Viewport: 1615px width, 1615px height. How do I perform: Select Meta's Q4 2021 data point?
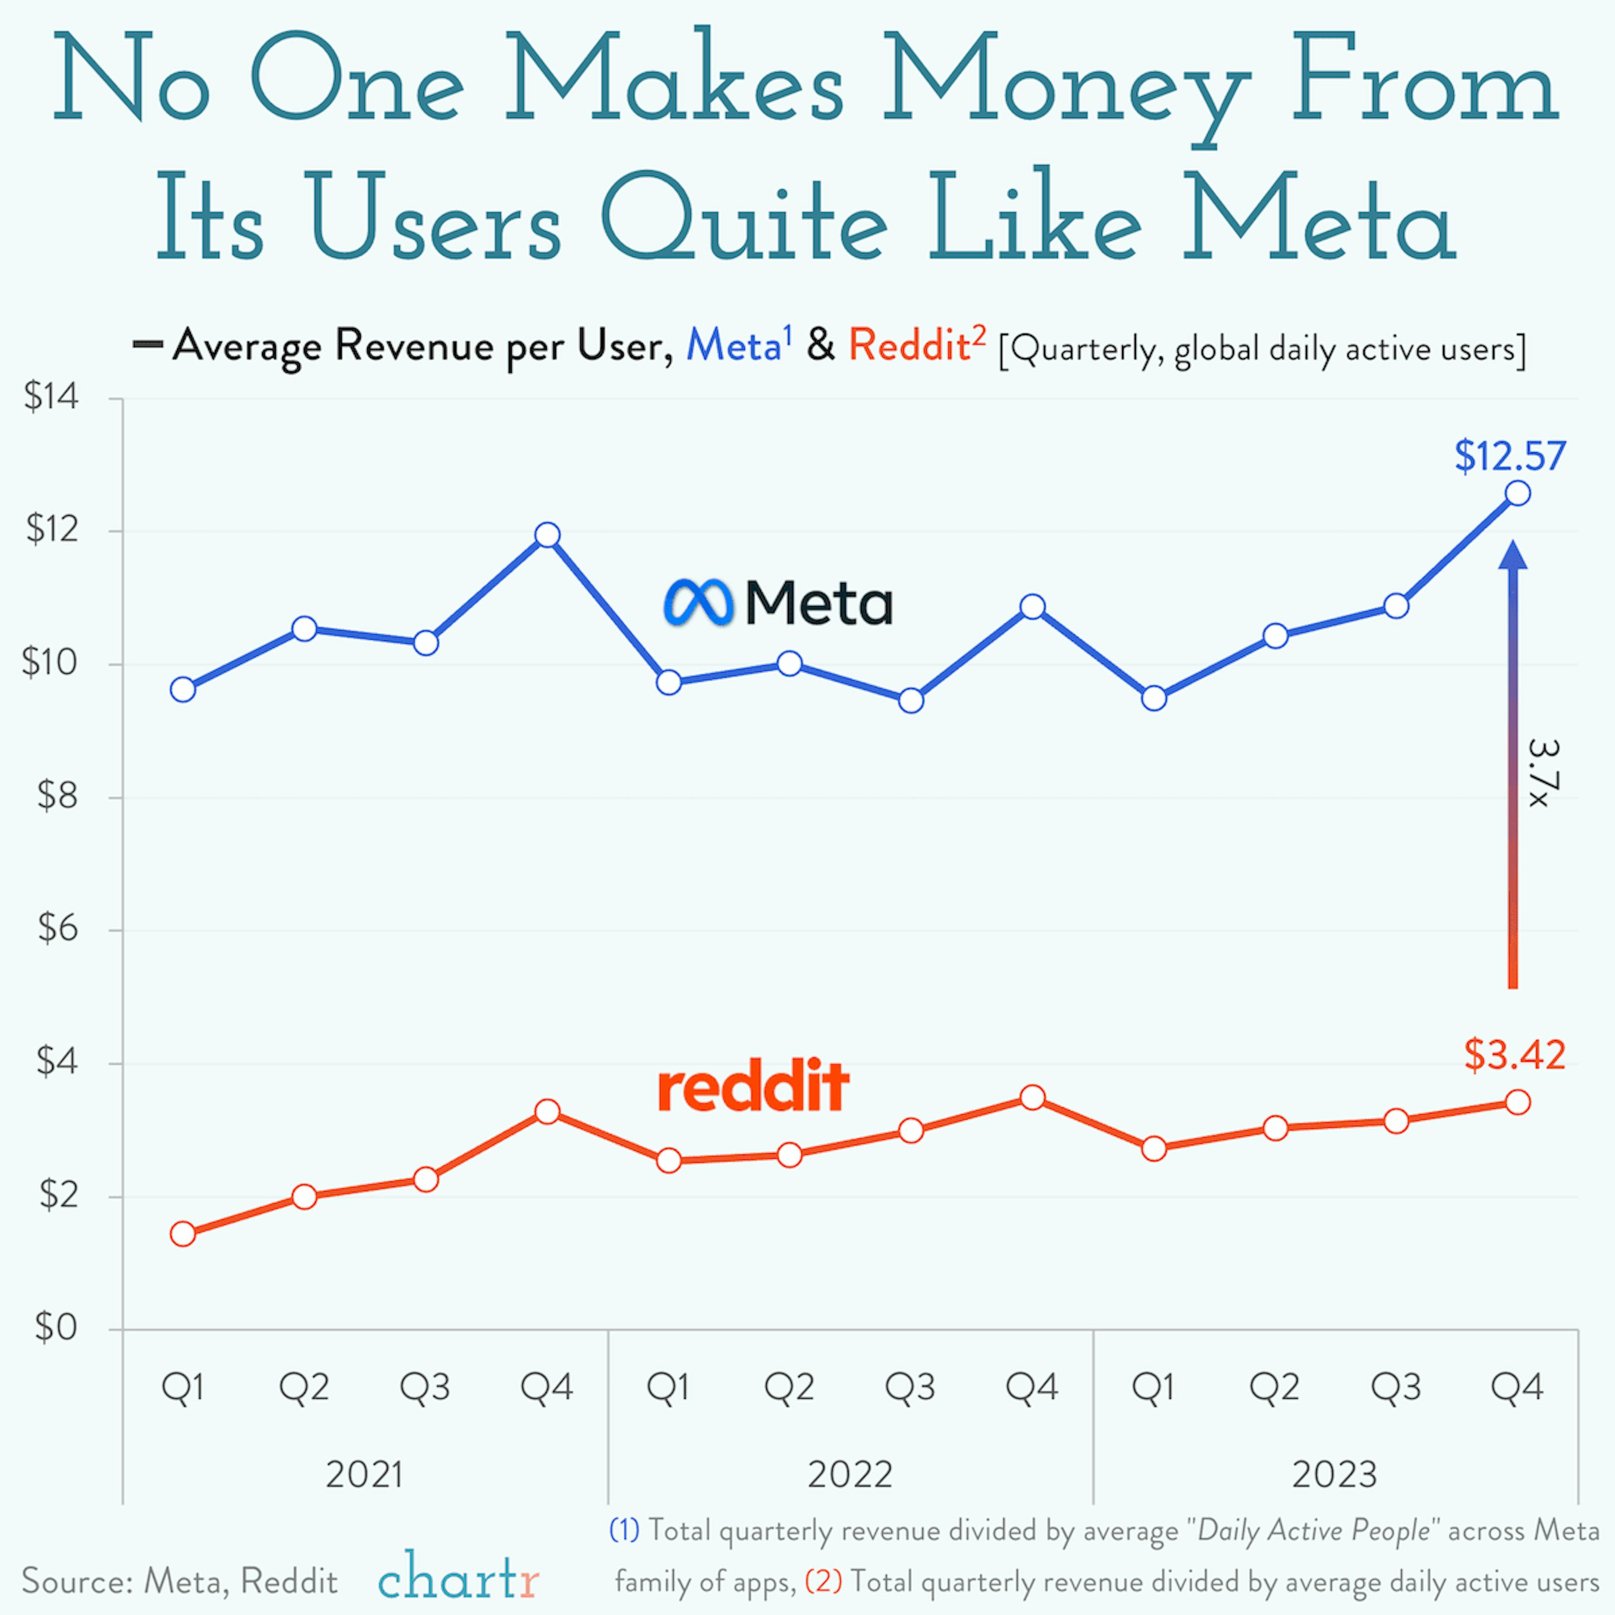(x=548, y=535)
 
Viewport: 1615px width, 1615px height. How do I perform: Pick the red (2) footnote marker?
(x=823, y=1581)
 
